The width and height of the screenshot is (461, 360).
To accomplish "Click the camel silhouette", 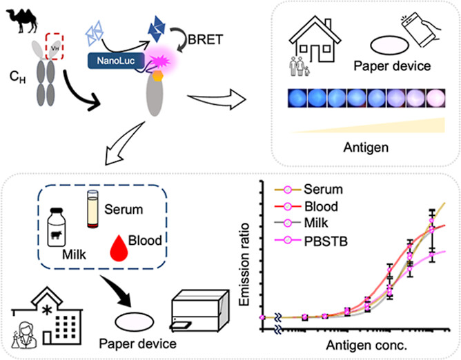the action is [22, 21].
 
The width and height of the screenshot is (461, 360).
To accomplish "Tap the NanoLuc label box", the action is [116, 61].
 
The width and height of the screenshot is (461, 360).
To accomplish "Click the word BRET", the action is [206, 39].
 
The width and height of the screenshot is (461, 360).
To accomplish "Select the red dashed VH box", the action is [55, 46].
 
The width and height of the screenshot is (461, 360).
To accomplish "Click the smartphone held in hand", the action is [420, 29].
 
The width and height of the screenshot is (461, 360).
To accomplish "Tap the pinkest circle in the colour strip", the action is [435, 98].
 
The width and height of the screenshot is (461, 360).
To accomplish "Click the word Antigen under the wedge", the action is [366, 147].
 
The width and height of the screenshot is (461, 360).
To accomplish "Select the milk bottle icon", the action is [57, 227].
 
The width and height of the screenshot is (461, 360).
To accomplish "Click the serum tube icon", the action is [93, 209].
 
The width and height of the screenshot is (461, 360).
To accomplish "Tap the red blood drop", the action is [119, 248].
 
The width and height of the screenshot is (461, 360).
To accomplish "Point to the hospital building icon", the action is [47, 317].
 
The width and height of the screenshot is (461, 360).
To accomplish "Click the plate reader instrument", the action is [199, 310].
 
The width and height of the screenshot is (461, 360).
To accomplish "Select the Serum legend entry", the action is [308, 190].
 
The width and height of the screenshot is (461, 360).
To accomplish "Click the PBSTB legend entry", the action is [311, 241].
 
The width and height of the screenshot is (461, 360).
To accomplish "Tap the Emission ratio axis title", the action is [244, 265].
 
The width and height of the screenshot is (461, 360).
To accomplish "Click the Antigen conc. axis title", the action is [366, 346].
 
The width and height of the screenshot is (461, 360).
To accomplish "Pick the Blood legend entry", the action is [306, 207].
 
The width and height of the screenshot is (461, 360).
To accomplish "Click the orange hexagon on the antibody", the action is [158, 76].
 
